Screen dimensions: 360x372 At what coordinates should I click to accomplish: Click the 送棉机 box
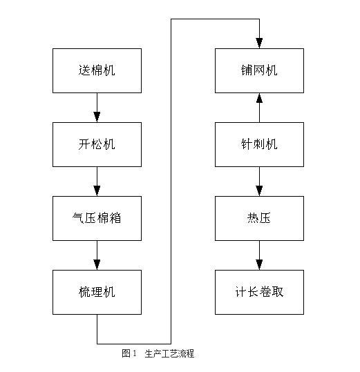coord(97,70)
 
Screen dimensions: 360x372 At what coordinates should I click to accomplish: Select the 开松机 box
coord(97,144)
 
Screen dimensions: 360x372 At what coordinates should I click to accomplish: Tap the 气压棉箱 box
coord(97,218)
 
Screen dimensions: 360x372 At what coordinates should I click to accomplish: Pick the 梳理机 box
coord(97,292)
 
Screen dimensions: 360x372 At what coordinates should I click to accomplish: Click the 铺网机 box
coord(259,70)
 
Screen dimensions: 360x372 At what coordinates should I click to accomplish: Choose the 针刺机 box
coord(259,144)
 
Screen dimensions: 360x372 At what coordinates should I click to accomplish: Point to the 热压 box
coord(259,218)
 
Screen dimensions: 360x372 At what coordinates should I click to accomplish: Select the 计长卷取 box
coord(259,292)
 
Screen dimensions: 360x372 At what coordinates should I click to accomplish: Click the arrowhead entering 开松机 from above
coord(97,117)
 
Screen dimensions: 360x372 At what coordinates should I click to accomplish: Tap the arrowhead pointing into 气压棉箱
coord(97,190)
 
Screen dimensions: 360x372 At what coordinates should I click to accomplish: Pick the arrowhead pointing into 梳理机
coord(97,264)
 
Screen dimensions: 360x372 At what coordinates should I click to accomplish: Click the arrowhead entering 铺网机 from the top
coord(259,43)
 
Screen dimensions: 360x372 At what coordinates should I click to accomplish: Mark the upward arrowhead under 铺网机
coord(259,98)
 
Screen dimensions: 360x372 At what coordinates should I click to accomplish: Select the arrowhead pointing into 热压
coord(259,190)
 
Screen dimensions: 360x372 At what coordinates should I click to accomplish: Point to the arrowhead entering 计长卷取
coord(259,264)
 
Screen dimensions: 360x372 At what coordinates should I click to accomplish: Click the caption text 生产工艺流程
coord(169,353)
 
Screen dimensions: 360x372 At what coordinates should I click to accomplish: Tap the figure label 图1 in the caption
coord(129,353)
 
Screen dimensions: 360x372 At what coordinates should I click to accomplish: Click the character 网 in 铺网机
coord(259,70)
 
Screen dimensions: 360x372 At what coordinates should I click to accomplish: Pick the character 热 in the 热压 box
coord(253,218)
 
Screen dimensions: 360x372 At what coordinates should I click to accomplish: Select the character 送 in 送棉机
coord(84,70)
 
